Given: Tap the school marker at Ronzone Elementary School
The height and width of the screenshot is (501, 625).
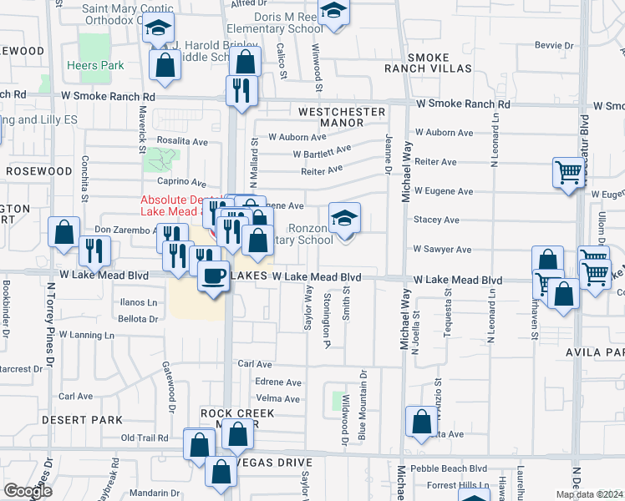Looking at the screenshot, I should [x=344, y=220].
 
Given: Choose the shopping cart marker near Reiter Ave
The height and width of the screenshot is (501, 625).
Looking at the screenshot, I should [x=568, y=174].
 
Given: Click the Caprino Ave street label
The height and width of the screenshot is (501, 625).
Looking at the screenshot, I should [x=180, y=182].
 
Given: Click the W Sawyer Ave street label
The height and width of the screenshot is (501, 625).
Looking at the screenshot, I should [x=442, y=250].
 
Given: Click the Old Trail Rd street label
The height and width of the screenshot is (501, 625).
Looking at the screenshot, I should [x=148, y=438].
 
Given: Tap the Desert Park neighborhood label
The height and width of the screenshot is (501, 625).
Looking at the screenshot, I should [x=87, y=420].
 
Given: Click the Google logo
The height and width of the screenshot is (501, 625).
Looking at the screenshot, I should [x=27, y=491].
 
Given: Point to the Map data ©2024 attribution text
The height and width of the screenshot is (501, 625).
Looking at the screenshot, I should [x=589, y=494].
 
